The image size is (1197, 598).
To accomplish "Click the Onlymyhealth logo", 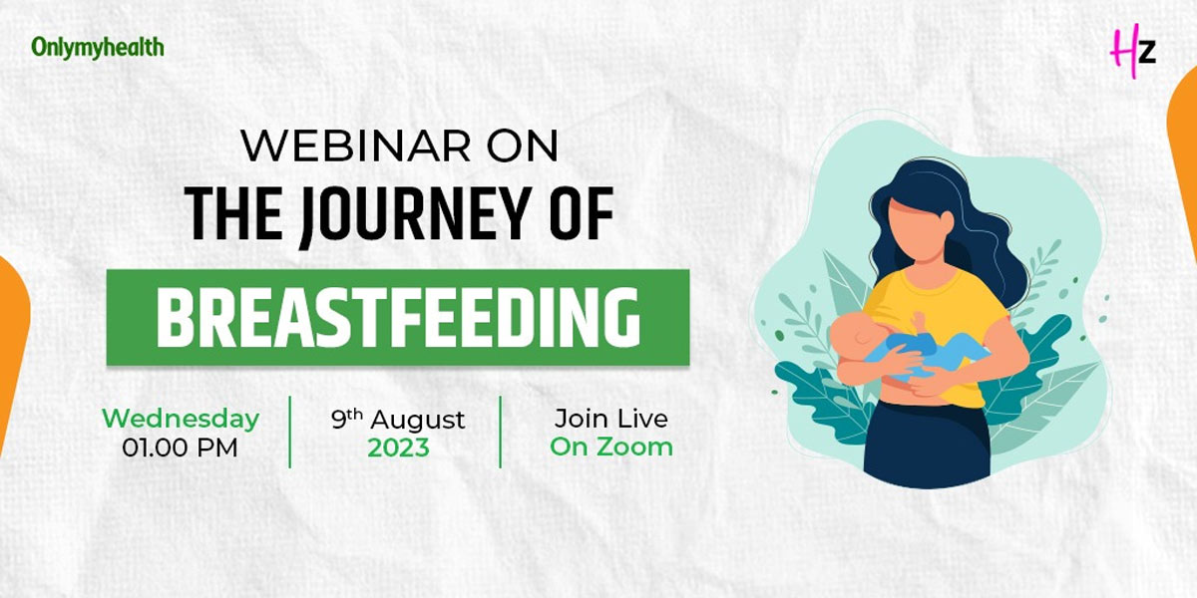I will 97,47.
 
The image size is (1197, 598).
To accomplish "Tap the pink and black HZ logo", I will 1133,49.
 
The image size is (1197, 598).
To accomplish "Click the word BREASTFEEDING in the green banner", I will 397,317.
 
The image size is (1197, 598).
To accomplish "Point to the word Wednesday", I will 181,419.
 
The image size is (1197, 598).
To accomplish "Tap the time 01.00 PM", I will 181,448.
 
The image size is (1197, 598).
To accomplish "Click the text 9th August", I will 398,419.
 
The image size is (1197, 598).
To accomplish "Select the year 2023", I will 398,448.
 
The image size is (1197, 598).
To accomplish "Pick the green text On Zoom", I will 610,447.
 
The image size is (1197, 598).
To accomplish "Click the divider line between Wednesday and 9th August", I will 290,431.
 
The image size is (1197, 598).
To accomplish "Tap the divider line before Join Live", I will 501,431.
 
